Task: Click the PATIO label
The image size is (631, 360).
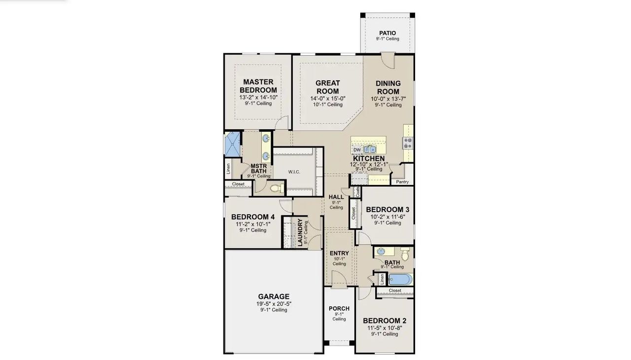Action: (387, 33)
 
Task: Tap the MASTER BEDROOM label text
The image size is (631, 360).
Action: (258, 86)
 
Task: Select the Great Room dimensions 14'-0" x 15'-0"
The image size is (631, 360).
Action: (327, 98)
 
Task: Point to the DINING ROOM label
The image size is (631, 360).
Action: (388, 87)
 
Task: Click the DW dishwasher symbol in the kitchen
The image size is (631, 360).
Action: (357, 150)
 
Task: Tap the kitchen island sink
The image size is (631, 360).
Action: (370, 149)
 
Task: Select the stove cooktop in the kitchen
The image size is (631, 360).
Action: (408, 143)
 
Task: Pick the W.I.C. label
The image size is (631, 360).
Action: (294, 172)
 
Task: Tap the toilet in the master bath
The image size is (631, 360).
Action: (277, 188)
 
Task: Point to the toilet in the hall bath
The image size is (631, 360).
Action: (405, 254)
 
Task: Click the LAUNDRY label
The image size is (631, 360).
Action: (300, 232)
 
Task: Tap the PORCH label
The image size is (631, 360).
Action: (339, 309)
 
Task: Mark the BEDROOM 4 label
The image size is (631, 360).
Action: (253, 217)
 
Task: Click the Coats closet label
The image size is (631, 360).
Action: (357, 191)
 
